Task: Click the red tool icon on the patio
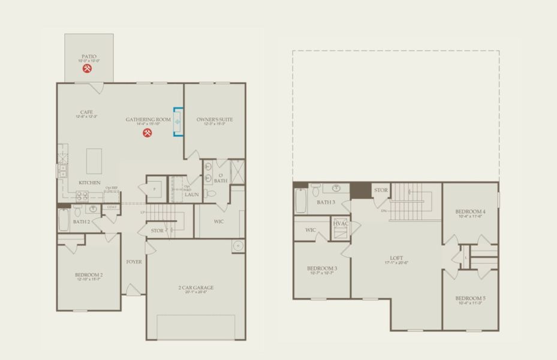(x=88, y=69)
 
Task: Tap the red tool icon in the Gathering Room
(x=147, y=133)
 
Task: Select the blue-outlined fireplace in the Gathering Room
(x=177, y=121)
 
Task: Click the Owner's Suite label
(x=214, y=120)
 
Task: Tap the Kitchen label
(x=89, y=182)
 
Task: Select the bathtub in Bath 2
(x=64, y=220)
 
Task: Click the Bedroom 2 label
(x=88, y=275)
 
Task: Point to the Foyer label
(x=134, y=262)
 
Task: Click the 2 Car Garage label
(x=195, y=288)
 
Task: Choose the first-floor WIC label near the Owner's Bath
(x=218, y=221)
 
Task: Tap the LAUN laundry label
(x=191, y=194)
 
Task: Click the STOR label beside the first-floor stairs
(x=157, y=230)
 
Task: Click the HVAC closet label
(x=340, y=224)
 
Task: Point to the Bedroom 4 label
(x=470, y=212)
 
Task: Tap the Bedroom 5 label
(x=470, y=298)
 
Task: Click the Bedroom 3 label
(x=322, y=268)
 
